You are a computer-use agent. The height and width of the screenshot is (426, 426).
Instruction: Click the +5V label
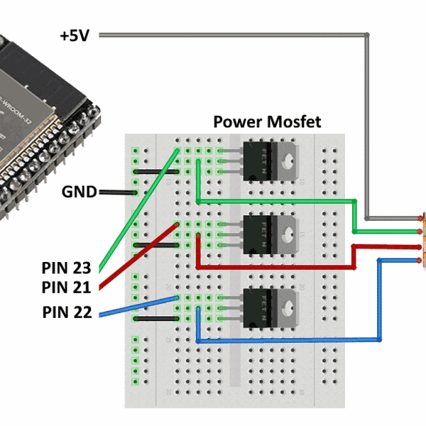74,35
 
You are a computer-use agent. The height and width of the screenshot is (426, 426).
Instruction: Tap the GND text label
79,192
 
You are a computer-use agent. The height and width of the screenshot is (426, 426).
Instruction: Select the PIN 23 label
66,268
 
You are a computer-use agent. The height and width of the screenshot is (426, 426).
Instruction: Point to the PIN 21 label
66,288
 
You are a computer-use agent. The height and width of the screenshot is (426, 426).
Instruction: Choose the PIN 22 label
66,312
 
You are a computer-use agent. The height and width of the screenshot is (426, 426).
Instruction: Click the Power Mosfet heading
267,122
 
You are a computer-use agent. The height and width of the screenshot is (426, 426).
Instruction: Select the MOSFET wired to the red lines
269,234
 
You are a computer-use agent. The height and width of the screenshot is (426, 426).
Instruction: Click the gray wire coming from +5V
234,34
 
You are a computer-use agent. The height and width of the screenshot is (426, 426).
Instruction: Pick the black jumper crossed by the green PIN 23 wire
156,172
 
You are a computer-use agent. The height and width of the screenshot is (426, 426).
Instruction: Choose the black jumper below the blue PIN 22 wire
156,319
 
